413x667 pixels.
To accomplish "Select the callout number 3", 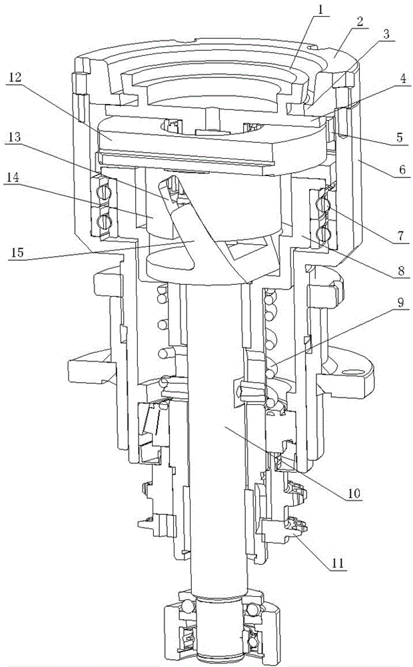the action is tap(386, 35).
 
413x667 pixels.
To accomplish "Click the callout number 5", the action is tap(399, 138).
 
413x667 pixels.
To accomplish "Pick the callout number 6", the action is tap(402, 169).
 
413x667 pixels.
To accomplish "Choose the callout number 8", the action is tap(400, 270).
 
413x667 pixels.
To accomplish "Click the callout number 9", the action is tap(400, 303).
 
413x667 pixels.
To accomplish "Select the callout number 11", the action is tap(337, 564).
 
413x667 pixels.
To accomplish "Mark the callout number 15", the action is tap(18, 252).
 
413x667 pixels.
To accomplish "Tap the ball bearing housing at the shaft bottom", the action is tap(221, 629).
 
